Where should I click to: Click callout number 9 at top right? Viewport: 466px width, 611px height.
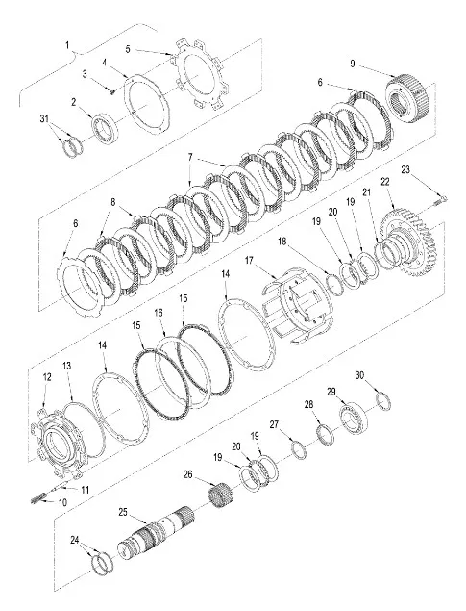(x=353, y=64)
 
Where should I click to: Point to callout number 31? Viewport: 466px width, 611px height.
(x=43, y=117)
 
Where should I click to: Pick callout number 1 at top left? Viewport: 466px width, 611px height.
(x=66, y=45)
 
